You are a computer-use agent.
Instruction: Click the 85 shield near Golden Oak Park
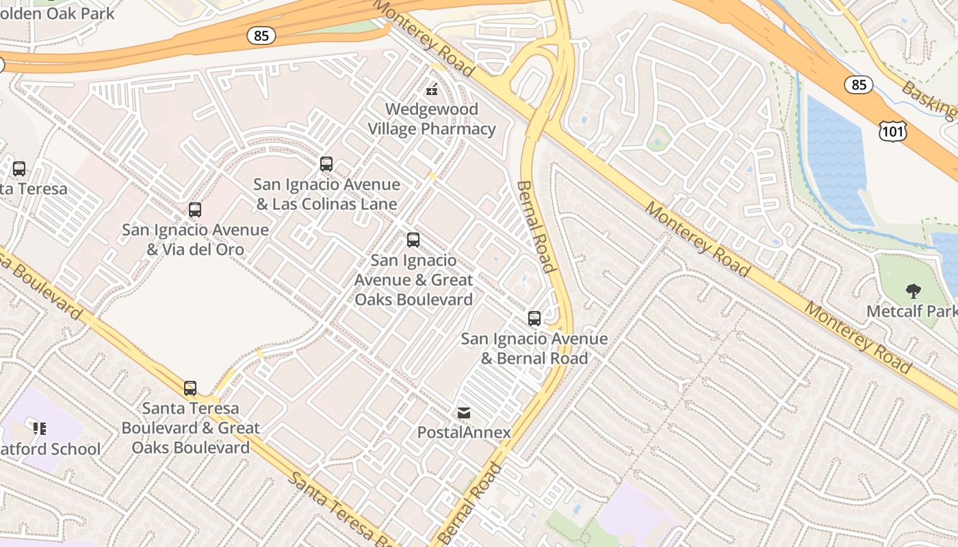click(x=261, y=36)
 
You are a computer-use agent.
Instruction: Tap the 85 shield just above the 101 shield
click(x=858, y=85)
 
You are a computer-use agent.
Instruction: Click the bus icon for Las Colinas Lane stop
click(x=326, y=164)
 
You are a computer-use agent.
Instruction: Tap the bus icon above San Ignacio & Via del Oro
click(x=195, y=210)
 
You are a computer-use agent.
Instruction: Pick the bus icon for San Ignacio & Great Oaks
click(x=413, y=240)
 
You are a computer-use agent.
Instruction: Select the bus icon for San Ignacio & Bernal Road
click(x=534, y=319)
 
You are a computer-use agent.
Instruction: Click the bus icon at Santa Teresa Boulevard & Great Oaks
click(x=190, y=388)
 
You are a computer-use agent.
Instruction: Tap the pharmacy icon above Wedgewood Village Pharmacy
click(x=432, y=89)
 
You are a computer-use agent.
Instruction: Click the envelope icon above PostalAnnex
click(x=464, y=413)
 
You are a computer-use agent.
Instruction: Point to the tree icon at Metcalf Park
click(x=913, y=291)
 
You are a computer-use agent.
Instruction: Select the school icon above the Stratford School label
click(x=40, y=429)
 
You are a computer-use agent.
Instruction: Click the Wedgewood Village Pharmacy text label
click(x=432, y=119)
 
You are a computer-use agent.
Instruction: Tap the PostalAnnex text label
click(x=464, y=432)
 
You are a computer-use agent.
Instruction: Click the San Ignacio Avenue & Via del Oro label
click(x=195, y=239)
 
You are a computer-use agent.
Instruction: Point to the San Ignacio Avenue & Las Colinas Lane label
click(x=326, y=194)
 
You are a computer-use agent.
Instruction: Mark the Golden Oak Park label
click(x=57, y=13)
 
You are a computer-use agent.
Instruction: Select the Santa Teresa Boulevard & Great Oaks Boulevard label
click(x=190, y=428)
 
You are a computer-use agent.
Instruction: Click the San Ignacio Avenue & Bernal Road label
click(x=534, y=349)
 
